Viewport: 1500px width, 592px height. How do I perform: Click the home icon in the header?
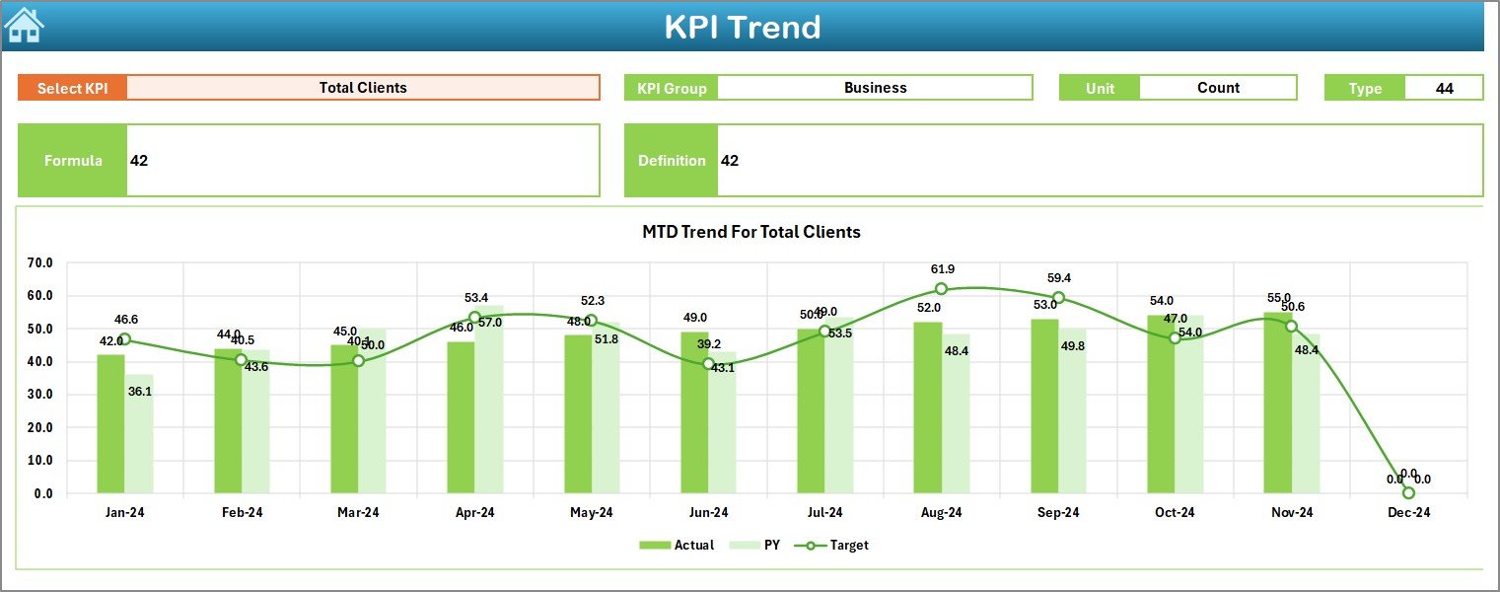click(x=24, y=25)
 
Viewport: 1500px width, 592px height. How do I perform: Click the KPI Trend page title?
click(x=742, y=27)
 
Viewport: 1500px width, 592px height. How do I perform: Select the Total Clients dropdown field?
click(x=363, y=88)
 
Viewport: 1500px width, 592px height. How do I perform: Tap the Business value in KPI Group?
click(x=875, y=88)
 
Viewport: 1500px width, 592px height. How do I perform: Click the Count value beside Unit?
click(x=1218, y=88)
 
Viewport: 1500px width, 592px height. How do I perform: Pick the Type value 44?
click(x=1444, y=88)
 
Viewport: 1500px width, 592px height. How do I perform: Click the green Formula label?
click(x=73, y=161)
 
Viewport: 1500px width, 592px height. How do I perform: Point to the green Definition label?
click(x=672, y=161)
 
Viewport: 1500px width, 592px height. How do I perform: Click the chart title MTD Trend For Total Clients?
click(x=751, y=232)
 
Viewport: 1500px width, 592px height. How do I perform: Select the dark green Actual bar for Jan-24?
click(x=110, y=424)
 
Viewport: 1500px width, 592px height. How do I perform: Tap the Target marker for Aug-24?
click(x=941, y=289)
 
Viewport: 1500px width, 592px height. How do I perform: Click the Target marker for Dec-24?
click(x=1408, y=492)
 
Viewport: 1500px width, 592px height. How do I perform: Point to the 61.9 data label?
click(x=942, y=269)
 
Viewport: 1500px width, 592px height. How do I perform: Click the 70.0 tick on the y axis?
click(x=40, y=263)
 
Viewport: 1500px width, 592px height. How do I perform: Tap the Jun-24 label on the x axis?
click(x=708, y=512)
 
